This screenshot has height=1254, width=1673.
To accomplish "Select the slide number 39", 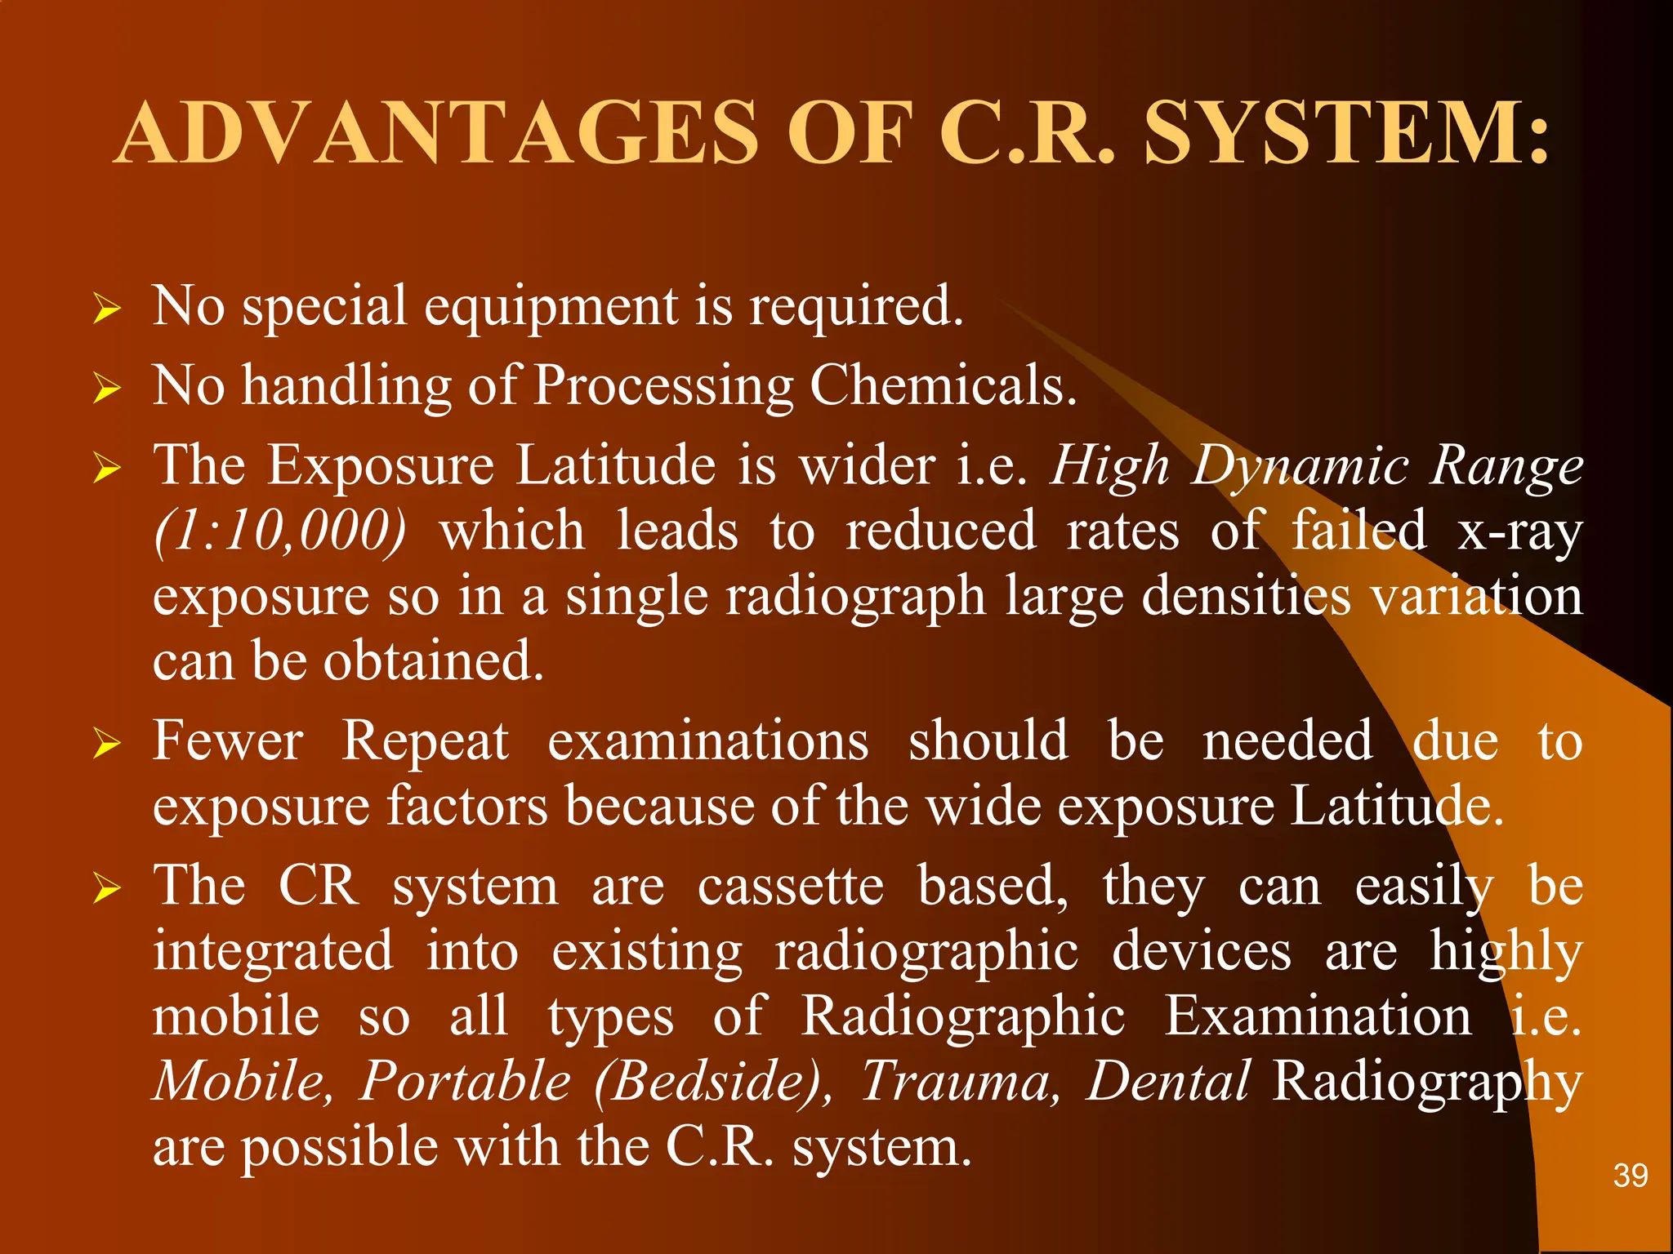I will (x=1630, y=1176).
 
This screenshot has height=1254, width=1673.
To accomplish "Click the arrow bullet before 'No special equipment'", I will (x=107, y=310).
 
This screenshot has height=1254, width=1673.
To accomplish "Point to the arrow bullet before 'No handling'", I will (x=107, y=389).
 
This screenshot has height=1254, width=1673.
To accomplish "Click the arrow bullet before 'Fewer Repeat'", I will (x=107, y=744).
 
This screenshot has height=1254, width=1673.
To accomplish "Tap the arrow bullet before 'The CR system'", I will (x=107, y=889).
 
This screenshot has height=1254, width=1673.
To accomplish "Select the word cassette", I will (x=791, y=887).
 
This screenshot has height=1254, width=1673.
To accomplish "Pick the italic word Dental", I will (x=1168, y=1082).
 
